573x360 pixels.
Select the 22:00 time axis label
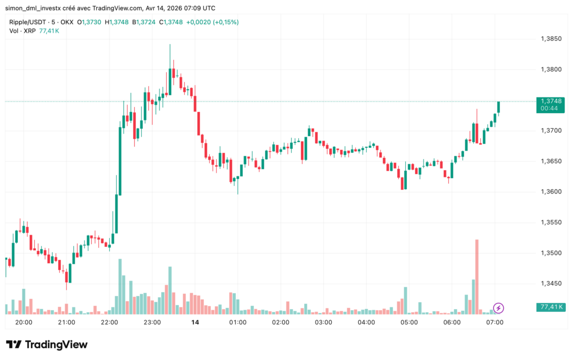coord(109,322)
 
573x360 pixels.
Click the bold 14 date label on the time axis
coord(195,322)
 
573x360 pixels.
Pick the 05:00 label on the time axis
coord(409,322)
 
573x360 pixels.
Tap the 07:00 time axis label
coord(495,322)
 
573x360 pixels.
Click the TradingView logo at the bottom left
coord(47,344)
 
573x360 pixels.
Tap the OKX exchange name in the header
coord(65,22)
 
